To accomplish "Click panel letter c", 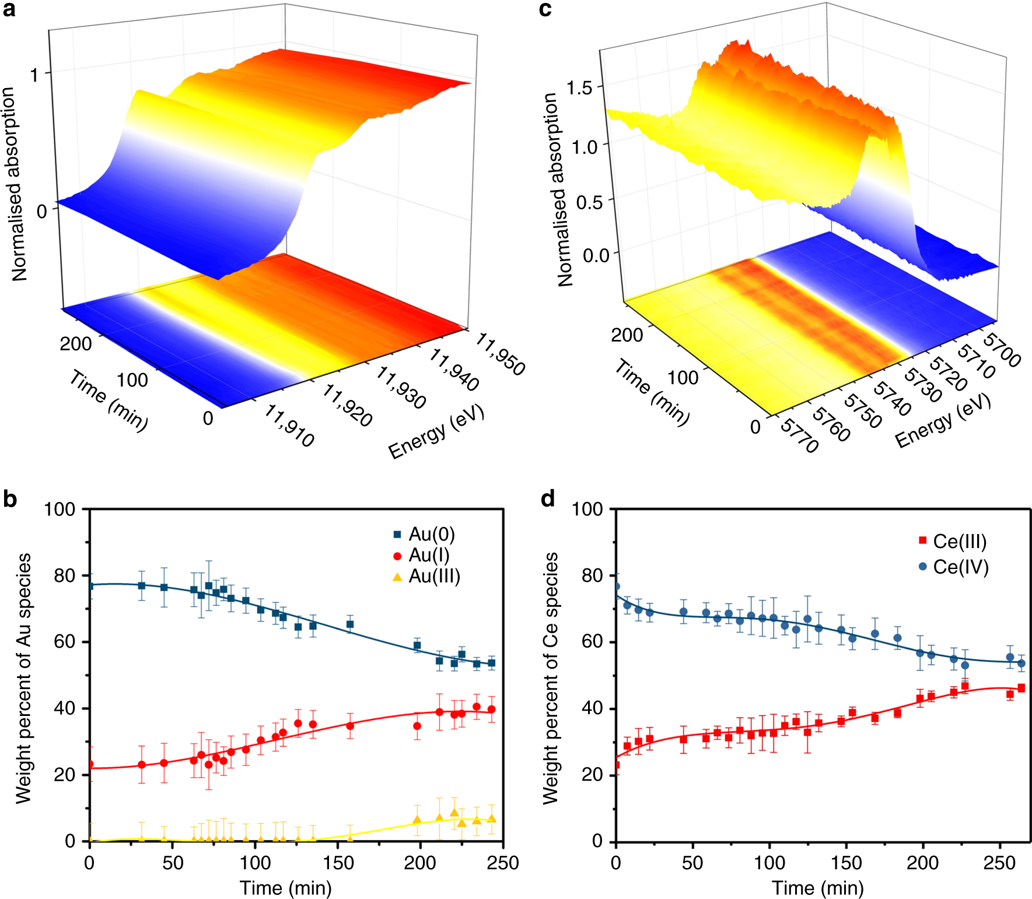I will point(545,10).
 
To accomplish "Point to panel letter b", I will point(10,500).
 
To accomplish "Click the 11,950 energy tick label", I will point(501,354).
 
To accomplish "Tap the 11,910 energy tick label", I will point(289,426).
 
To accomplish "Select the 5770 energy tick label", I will point(800,436).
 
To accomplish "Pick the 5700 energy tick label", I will point(1002,350).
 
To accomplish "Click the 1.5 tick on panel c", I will point(579,89).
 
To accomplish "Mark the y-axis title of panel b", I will point(23,679).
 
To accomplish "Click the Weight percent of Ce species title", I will point(550,679).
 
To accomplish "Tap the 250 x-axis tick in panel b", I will point(503,863).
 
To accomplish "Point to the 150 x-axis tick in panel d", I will point(846,863).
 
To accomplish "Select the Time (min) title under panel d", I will point(817,888).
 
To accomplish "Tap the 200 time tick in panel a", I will point(76,344).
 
